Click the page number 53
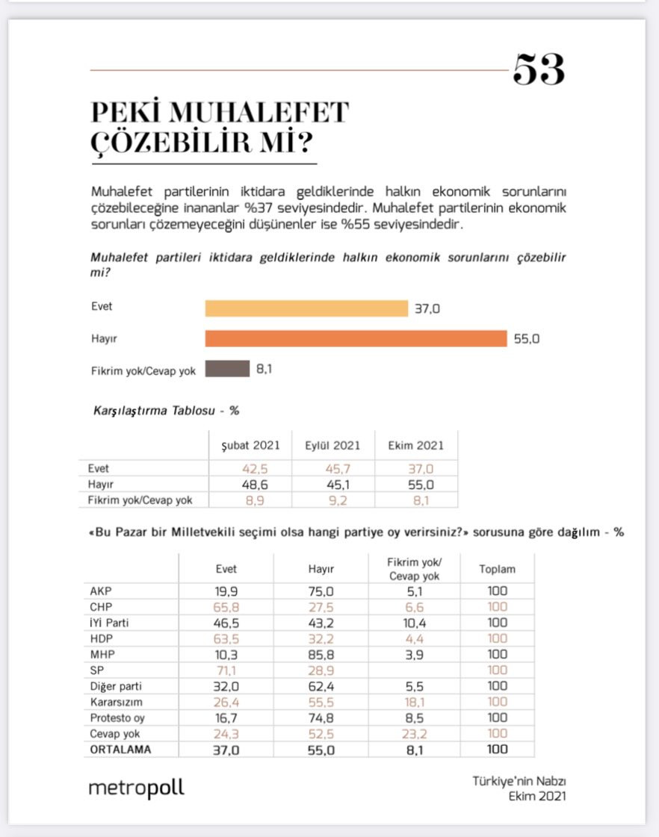538,70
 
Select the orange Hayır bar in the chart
356,338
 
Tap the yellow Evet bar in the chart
306,308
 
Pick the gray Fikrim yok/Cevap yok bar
227,368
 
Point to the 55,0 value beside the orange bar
526,338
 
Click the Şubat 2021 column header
251,445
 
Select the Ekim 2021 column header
415,445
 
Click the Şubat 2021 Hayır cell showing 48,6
251,485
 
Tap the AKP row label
99,591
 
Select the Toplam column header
497,569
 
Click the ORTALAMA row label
120,750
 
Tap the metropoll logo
136,788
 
